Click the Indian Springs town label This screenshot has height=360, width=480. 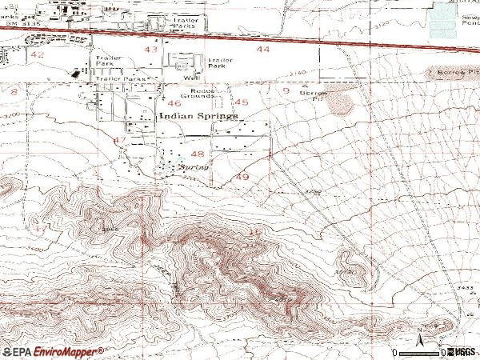point(198,116)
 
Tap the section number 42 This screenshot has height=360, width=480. point(38,54)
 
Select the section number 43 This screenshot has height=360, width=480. point(151,50)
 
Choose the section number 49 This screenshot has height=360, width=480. point(242,177)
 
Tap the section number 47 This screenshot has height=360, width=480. point(121,140)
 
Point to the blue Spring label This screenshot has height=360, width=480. point(194,168)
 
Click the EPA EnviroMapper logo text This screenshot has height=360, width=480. point(53,350)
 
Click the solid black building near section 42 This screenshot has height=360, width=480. point(78,74)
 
